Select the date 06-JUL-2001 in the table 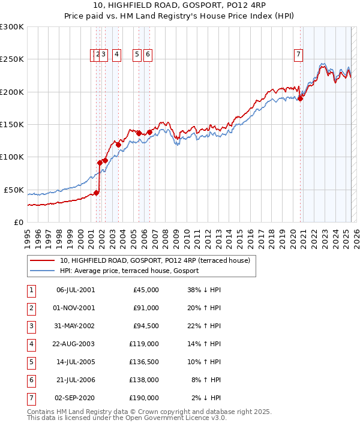tap(75, 289)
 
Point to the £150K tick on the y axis tap(12, 124)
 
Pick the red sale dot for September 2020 tap(300, 99)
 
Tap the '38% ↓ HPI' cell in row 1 tap(204, 289)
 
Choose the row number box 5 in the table tap(31, 361)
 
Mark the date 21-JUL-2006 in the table tap(75, 379)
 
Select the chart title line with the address tap(179, 7)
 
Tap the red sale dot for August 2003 tap(119, 145)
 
